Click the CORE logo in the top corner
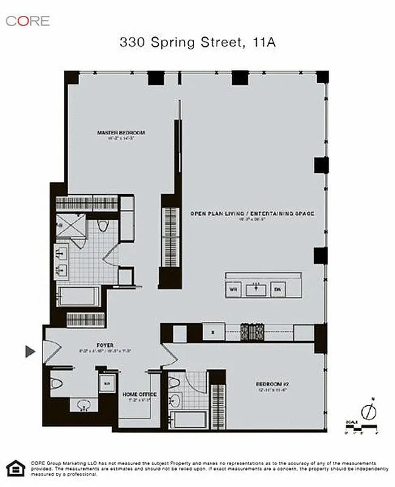(x=27, y=20)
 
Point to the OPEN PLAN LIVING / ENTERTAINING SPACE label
(x=251, y=214)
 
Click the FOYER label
(x=105, y=345)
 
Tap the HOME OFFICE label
(x=140, y=394)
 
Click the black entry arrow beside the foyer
(x=30, y=351)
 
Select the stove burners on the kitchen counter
(x=253, y=333)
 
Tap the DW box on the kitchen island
(x=278, y=290)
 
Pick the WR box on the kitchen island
(x=232, y=290)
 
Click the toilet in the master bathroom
(x=103, y=227)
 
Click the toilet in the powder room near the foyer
(x=56, y=384)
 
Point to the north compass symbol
(x=366, y=412)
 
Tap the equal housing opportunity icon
(x=13, y=468)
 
